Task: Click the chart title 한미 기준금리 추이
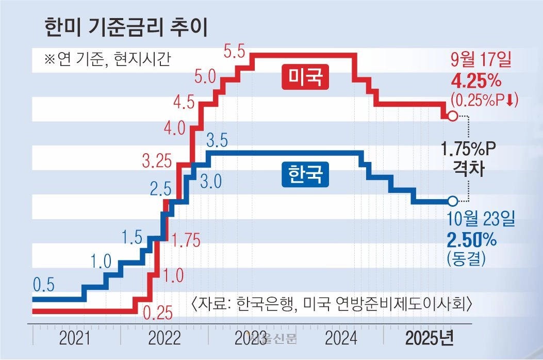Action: [126, 27]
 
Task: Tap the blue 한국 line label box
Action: [305, 174]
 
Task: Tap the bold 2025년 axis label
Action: [430, 339]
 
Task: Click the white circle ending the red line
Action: [452, 116]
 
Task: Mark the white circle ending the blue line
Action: [452, 201]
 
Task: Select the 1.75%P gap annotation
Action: [468, 150]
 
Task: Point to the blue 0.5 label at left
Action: [44, 285]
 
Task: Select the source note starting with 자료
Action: [332, 303]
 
